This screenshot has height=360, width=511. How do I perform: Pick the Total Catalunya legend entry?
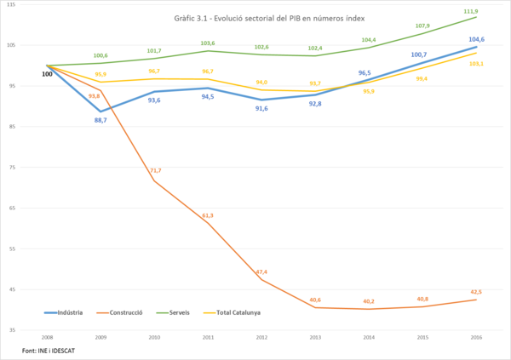(x=238, y=312)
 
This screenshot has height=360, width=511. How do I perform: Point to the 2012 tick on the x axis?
(x=261, y=338)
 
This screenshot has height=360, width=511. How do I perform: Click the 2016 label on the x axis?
(x=475, y=338)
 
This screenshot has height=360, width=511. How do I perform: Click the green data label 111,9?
(x=471, y=11)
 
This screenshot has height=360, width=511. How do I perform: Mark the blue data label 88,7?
(x=100, y=120)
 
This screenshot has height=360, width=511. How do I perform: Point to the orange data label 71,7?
(x=155, y=170)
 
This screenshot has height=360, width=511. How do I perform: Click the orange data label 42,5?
(x=476, y=292)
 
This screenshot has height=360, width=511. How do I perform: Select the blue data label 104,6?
(x=477, y=39)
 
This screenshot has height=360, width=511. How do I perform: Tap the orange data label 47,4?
(x=261, y=271)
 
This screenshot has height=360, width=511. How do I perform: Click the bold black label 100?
(x=48, y=75)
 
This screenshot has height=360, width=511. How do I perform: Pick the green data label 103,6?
(x=208, y=43)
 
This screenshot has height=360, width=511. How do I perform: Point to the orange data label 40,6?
(x=315, y=300)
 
